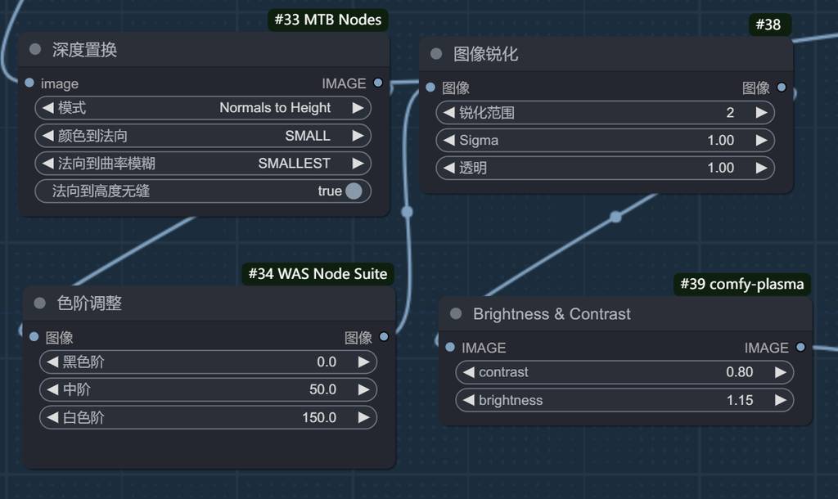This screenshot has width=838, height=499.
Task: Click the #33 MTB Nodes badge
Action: pos(327,20)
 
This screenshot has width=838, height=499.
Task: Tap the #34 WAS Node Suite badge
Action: pos(318,273)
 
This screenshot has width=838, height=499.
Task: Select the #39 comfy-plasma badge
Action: pos(742,284)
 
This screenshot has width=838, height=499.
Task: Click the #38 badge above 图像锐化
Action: pos(768,25)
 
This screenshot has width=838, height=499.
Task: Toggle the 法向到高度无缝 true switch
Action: pos(354,191)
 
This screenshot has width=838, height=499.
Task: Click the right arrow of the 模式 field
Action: pos(358,108)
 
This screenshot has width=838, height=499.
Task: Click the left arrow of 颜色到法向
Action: pos(47,136)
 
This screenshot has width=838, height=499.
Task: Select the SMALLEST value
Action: pos(294,164)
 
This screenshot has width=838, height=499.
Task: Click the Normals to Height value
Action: pos(275,108)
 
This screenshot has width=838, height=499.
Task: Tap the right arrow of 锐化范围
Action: pos(761,113)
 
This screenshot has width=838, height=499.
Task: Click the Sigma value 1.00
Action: pos(720,141)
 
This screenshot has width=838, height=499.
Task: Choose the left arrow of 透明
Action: pos(448,168)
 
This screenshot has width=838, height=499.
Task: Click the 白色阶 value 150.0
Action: pos(319,417)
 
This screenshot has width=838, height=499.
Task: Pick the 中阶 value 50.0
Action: pos(322,389)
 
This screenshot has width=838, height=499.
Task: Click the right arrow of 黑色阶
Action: pos(363,362)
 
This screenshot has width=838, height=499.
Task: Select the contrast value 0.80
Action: pos(739,372)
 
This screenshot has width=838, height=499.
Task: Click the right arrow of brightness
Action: pos(780,400)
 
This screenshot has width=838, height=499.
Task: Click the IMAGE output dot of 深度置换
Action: pos(377,83)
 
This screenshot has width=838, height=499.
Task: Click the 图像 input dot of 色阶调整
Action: pos(34,336)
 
